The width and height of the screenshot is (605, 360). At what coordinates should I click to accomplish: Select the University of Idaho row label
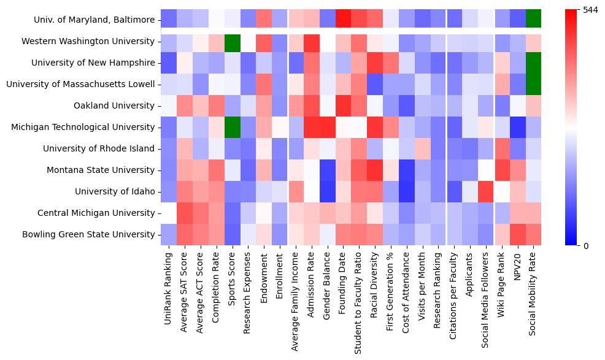pos(115,192)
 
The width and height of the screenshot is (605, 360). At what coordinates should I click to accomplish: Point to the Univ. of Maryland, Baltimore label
pos(94,20)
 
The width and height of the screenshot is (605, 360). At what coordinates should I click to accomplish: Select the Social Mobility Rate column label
pos(534,291)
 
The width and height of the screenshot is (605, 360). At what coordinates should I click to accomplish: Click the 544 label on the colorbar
pos(573,10)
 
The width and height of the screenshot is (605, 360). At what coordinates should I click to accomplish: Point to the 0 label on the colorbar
pos(569,246)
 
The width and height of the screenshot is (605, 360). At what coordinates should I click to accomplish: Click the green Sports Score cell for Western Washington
pos(233,42)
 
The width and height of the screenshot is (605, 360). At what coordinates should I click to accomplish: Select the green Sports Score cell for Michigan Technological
pos(233,128)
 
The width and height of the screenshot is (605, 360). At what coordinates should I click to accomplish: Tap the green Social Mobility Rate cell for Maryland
pos(534,20)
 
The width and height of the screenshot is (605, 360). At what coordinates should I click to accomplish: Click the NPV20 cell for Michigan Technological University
pos(518,128)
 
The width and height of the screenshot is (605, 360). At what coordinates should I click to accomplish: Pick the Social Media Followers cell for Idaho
pos(487,192)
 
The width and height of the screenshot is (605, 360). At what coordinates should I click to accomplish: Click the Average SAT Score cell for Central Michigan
pos(185,213)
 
